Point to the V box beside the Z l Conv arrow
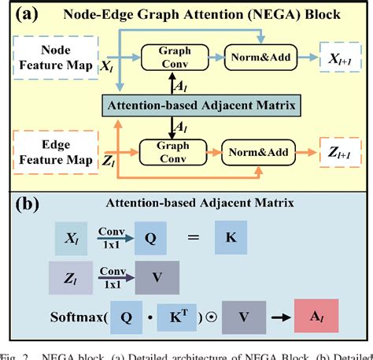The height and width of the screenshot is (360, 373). [156, 277]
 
